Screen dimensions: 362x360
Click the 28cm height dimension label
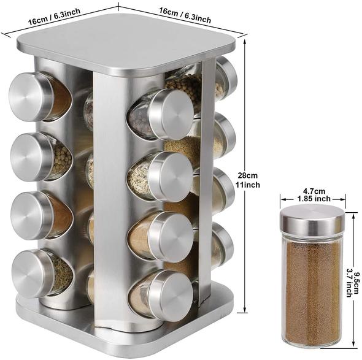248,175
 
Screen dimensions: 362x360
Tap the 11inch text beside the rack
248,185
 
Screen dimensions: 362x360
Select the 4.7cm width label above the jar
314,191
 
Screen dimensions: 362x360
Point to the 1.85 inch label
314,199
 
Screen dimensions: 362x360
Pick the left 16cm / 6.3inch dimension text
54,17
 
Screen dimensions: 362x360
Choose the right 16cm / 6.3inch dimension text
185,15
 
